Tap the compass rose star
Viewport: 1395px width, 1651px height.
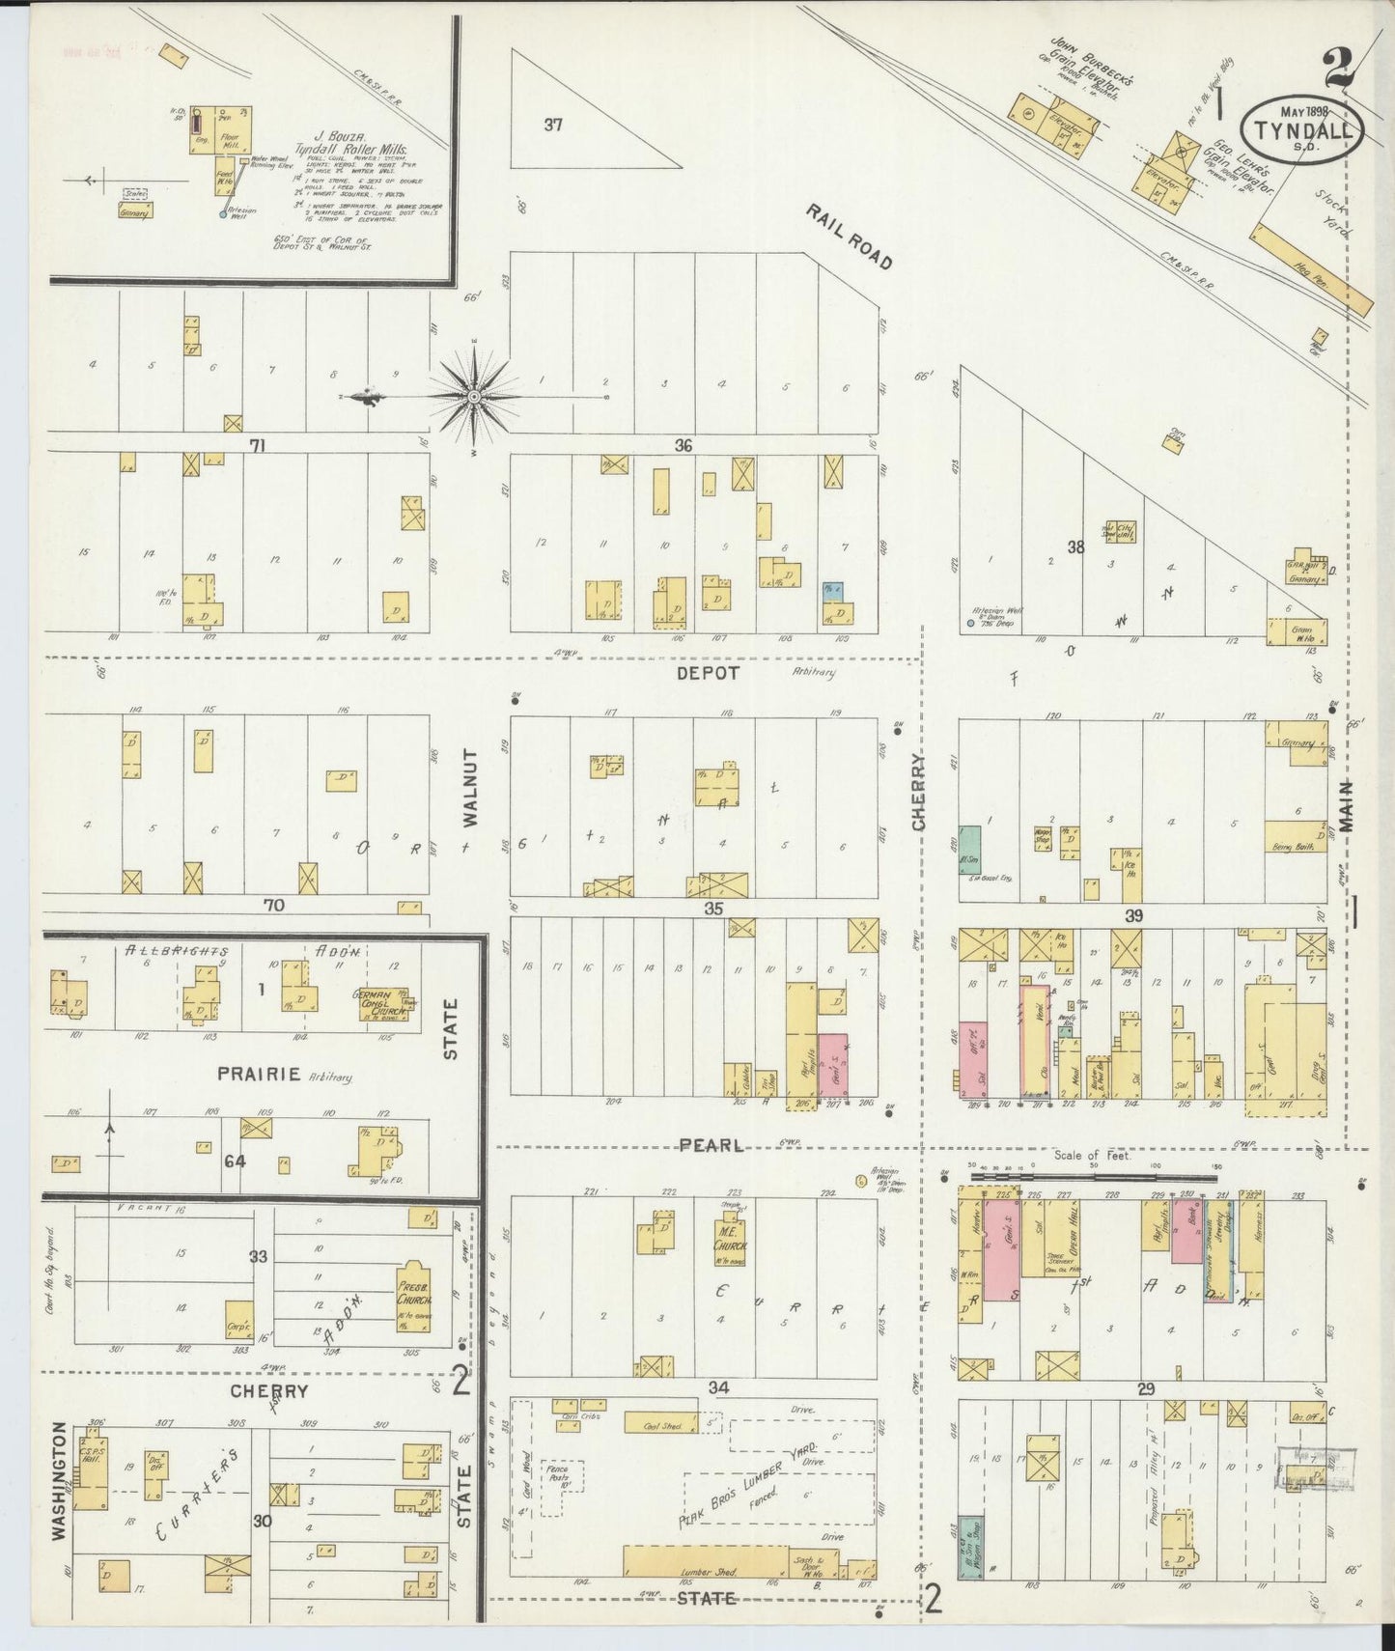click(x=475, y=396)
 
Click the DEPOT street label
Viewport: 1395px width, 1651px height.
click(x=708, y=673)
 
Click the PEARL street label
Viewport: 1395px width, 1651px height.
click(x=711, y=1145)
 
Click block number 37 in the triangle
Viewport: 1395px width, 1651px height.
click(x=552, y=124)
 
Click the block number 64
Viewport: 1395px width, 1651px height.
click(x=235, y=1161)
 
